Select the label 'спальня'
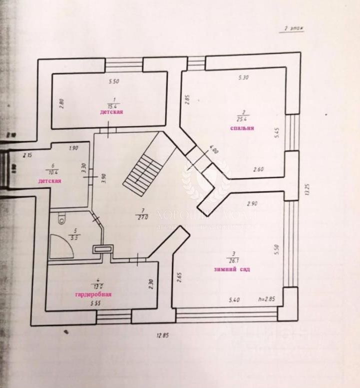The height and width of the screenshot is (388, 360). click(x=242, y=128)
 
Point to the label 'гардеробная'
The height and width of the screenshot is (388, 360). click(x=93, y=294)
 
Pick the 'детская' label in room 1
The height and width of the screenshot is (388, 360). click(x=111, y=112)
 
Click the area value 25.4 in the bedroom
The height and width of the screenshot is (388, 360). click(x=243, y=118)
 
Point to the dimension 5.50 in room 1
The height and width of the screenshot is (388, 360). click(x=114, y=80)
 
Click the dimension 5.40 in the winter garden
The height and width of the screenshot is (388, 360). click(x=234, y=299)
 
